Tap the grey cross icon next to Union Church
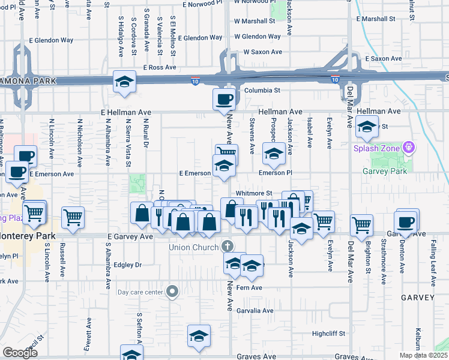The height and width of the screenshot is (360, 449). pos(227,245)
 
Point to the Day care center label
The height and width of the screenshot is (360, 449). pos(140,292)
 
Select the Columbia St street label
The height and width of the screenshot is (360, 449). pos(262,90)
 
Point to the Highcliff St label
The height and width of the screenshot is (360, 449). pos(329,334)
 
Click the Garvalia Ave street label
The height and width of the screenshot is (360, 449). pos(255,311)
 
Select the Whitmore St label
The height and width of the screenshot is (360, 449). pos(255,193)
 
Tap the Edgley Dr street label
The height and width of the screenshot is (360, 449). pos(126,265)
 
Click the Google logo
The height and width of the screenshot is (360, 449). pos(20,353)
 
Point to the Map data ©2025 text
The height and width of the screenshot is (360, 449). pos(424,355)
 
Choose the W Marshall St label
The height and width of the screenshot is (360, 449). pos(255,21)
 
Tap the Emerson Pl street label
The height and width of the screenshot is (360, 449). pos(275,172)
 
